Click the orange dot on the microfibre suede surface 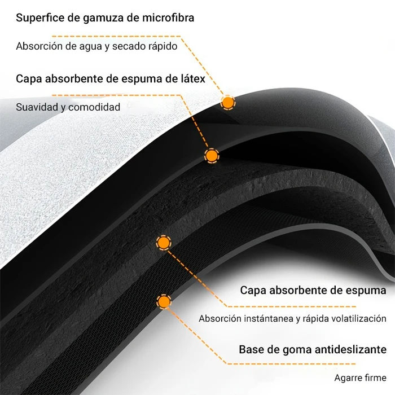228,102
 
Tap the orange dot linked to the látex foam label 212,156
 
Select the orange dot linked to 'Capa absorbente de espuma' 163,243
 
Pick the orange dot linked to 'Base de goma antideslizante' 164,302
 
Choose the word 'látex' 190,78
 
